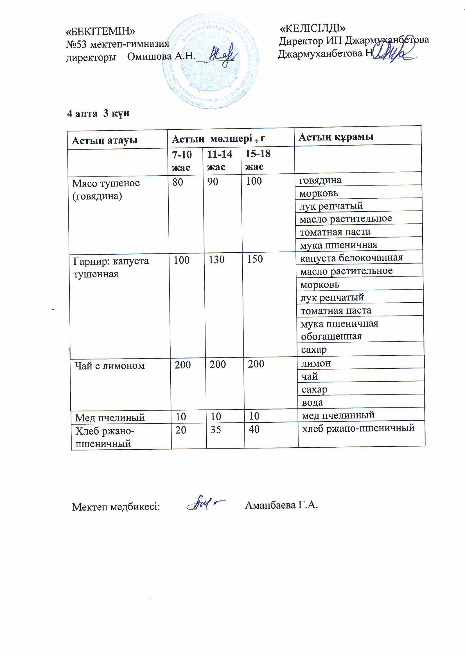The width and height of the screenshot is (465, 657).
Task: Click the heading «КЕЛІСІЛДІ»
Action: tap(313, 28)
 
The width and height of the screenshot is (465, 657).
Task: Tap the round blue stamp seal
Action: tap(211, 61)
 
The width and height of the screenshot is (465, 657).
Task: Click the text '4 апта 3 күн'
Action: tap(98, 114)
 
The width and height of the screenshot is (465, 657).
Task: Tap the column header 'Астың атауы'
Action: tap(105, 140)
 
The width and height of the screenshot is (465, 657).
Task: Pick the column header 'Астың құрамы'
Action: tap(336, 137)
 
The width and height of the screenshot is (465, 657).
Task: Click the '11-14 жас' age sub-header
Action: tap(219, 160)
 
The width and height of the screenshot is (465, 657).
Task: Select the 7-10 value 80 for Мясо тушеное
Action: tap(178, 182)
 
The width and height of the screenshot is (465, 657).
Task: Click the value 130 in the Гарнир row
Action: tap(216, 260)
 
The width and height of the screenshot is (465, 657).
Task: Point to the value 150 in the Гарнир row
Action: tap(254, 259)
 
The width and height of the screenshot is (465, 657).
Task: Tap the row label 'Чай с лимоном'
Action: tap(110, 365)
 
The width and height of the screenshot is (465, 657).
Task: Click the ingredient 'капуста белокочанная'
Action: tap(351, 258)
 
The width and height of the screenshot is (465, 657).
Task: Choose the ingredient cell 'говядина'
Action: tap(320, 180)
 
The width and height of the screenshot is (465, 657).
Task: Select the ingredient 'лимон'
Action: tap(316, 363)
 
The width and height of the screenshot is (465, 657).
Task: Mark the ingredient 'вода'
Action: tap(312, 403)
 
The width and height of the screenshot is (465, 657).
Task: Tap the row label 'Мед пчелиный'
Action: tap(110, 418)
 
